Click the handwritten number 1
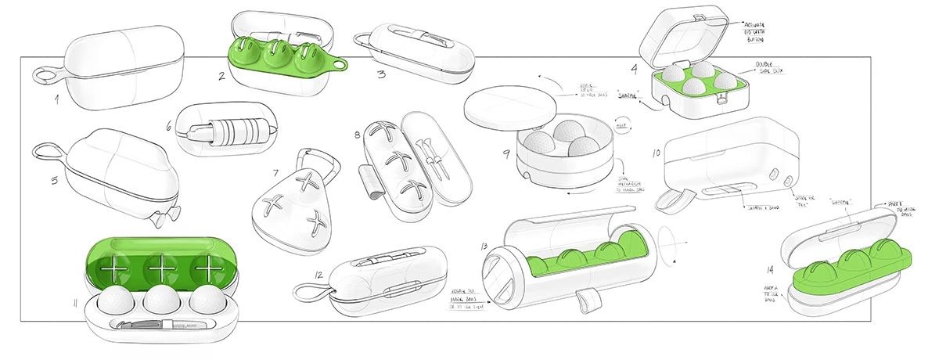click(57, 100)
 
